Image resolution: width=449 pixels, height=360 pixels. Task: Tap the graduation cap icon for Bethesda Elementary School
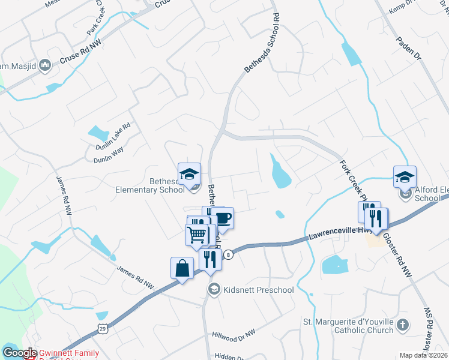coord(190,174)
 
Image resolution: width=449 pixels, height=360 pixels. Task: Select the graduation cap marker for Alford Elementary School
coord(405,177)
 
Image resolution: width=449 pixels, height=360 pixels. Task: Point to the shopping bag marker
coord(182,268)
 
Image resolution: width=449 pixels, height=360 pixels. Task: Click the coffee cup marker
coord(223,217)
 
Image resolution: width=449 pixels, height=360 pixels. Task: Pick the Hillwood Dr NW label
coord(234,334)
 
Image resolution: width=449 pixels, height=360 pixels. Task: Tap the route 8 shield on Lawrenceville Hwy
coord(229,254)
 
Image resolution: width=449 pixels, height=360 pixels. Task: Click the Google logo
coord(19,353)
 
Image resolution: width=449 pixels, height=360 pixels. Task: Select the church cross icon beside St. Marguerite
coord(403,326)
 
